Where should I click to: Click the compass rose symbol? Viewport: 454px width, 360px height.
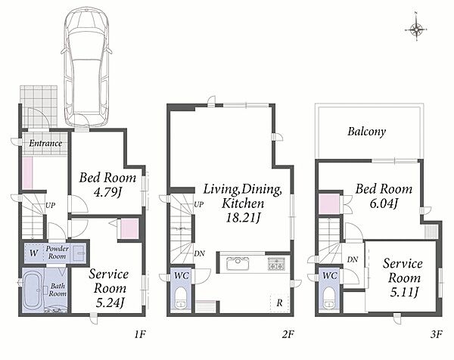415,29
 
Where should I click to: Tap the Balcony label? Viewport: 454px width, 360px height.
366,132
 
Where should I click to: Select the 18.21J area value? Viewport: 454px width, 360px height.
243,218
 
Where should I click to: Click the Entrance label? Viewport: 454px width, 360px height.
45,143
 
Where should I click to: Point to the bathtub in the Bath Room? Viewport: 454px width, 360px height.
33,290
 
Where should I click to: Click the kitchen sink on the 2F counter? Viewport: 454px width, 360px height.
238,263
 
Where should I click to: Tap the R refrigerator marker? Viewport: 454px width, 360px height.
279,303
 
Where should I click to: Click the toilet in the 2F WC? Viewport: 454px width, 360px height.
182,298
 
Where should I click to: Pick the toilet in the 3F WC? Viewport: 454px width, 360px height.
329,298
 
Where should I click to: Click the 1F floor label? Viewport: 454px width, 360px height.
139,334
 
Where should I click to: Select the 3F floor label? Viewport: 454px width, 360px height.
437,334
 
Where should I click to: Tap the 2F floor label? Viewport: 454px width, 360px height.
288,334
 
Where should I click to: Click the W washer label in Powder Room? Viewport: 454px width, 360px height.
33,253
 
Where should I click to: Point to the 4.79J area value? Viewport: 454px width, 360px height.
107,192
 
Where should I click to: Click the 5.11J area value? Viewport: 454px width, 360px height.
404,292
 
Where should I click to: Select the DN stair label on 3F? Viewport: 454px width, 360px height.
353,259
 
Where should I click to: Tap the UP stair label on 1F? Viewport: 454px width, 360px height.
50,206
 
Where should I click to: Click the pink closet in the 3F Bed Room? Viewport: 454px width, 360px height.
329,203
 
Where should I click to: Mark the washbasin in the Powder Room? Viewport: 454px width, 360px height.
79,253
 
